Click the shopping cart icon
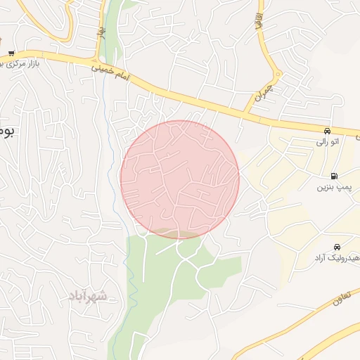12,53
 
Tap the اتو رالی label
326,142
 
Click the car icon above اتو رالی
327,131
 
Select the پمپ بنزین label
331,188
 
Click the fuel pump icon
333,176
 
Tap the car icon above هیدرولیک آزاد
338,247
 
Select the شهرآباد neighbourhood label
88,296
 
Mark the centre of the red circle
180,179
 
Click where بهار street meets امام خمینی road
98,59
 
